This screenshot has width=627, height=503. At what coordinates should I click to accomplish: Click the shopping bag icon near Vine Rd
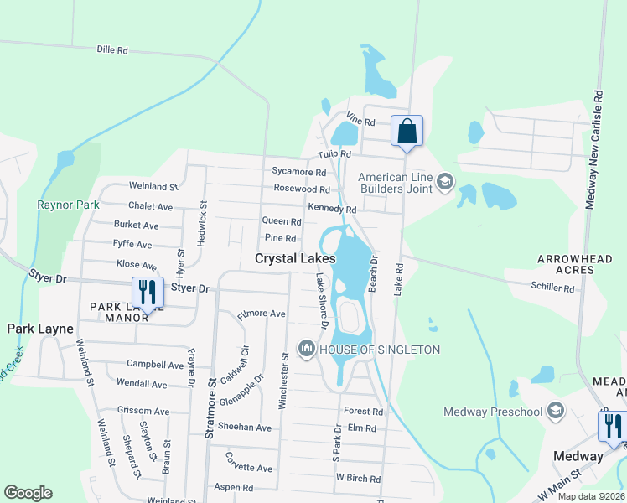407,132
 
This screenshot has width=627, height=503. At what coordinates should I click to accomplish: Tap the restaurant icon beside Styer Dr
148,293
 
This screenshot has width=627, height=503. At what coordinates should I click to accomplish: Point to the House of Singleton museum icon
307,349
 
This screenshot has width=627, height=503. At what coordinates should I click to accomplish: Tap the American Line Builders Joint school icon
444,182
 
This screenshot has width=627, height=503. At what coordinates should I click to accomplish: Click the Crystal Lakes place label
295,260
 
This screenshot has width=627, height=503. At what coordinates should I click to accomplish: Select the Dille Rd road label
112,50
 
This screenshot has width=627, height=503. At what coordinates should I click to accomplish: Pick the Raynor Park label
68,205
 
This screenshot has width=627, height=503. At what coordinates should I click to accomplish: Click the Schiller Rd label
553,288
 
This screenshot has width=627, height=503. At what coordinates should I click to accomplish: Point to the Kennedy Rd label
332,209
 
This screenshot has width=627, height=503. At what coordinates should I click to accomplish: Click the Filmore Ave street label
262,314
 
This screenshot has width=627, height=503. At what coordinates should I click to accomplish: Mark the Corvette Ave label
248,468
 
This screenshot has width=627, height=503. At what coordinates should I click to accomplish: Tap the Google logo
28,493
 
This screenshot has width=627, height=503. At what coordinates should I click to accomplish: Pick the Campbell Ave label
155,365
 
